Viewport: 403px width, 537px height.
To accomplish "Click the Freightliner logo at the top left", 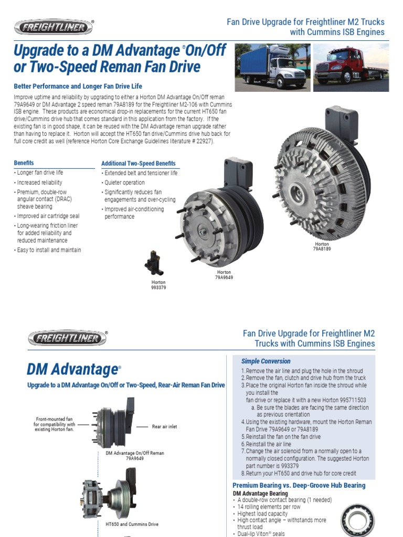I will coord(54,27).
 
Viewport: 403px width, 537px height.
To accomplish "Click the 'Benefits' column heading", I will coord(24,163).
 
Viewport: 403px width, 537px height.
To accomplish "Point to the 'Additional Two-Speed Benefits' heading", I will coord(138,164).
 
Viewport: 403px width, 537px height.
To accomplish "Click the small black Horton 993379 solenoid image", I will coord(155,262).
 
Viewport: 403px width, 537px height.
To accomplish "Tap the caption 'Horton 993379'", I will coord(158,285).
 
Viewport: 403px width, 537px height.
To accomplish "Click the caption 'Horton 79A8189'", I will coord(322,246).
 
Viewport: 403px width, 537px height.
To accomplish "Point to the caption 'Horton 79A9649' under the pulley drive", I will coord(224,275).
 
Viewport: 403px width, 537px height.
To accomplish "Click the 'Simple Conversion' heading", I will coord(266,361).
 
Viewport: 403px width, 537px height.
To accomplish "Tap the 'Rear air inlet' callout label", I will coord(164,427).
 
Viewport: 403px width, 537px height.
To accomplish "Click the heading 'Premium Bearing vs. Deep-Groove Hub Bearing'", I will coord(299,486).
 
